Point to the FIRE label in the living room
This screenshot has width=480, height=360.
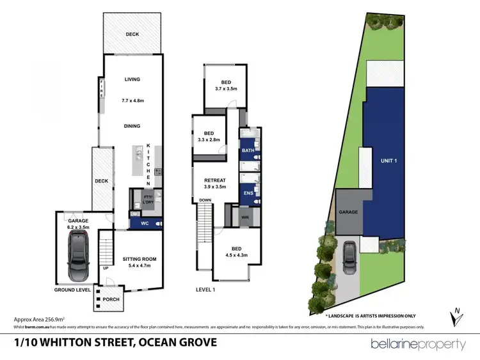[x=100, y=88]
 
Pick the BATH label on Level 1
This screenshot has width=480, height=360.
[x=248, y=151]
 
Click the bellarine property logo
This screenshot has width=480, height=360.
[x=419, y=344]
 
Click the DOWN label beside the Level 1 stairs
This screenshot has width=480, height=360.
[x=204, y=200]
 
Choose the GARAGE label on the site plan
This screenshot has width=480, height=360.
[x=348, y=211]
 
